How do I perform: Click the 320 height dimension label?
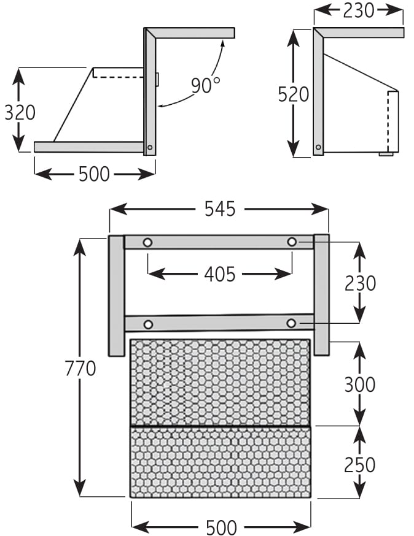pos(20,113)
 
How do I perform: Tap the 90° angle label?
pos(205,85)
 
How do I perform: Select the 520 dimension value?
pos(293,94)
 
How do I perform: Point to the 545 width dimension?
pos(219,209)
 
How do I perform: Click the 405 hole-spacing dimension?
pos(219,274)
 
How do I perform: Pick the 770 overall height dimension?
pos(80,369)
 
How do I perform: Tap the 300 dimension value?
pos(360,385)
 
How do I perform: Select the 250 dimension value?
pos(360,464)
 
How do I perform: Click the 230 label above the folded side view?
pos(358,10)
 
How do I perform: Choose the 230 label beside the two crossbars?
pos(360,283)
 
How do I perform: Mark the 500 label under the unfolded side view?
pos(94,174)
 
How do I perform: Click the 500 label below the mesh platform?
pos(221,527)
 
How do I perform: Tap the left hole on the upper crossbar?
pos(147,243)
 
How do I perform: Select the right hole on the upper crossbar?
pos(292,242)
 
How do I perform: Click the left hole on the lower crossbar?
pos(147,324)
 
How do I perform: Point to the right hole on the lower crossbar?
pos(291,323)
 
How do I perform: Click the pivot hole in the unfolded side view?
pos(150,147)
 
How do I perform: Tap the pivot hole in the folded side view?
pos(318,147)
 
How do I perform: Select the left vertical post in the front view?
pos(116,295)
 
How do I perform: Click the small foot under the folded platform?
pos(386,154)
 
